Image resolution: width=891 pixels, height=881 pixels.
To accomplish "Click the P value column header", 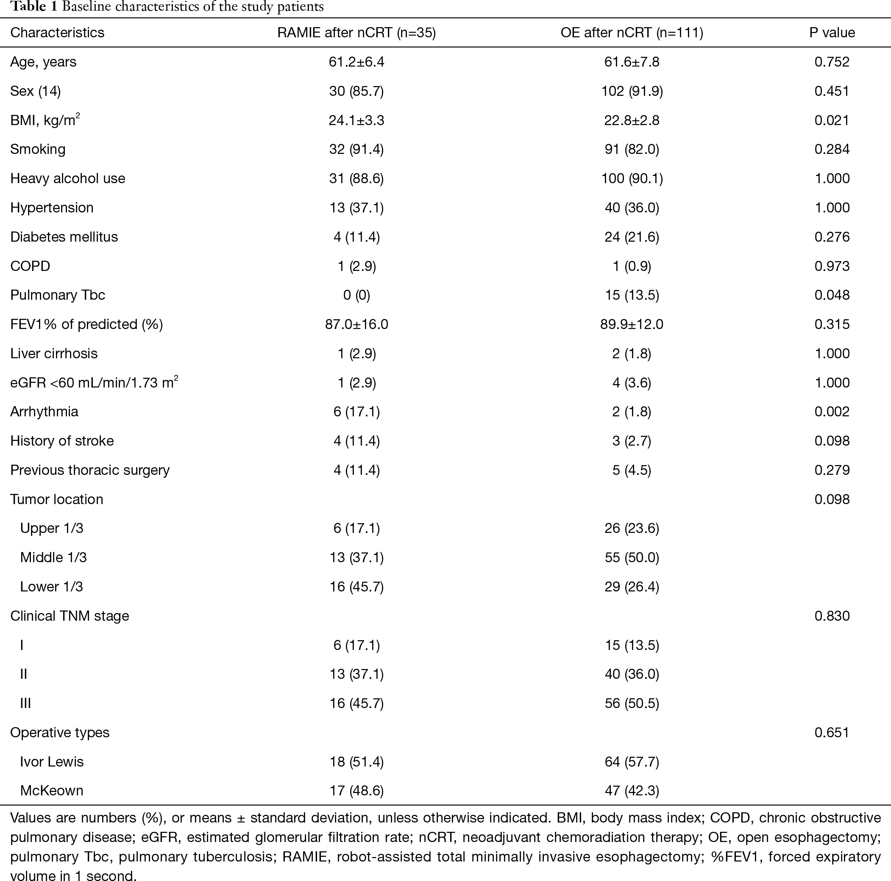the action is pos(832,33).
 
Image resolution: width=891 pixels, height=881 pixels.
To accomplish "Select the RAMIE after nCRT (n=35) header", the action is pos(356,33).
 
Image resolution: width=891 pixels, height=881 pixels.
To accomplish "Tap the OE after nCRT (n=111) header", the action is pos(632,33).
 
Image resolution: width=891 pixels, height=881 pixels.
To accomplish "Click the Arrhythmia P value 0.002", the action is pos(832,411).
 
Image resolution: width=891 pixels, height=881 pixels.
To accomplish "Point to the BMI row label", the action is pos(45,120).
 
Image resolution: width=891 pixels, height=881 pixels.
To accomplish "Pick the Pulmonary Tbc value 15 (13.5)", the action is pos(632,295).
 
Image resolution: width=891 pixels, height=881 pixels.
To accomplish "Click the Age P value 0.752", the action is pos(832,62).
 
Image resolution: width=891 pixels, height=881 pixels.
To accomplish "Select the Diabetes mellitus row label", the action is pos(64,237).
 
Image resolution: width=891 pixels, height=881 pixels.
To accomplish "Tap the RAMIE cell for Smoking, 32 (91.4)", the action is pos(356,149).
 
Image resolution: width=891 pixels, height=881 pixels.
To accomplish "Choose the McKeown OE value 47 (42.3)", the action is pos(632,791).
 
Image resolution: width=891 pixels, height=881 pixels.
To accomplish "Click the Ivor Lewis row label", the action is pos(52,761).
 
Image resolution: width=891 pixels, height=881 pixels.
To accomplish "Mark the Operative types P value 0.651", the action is pos(832,733).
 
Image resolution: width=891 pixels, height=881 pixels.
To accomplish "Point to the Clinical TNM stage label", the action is pos(70,616).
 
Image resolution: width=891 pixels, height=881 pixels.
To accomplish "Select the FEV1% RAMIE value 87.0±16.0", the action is pos(356,324).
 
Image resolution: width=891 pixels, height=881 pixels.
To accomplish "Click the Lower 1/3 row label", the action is pos(52,587).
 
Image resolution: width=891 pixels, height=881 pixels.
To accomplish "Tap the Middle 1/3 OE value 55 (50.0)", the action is pos(632,557).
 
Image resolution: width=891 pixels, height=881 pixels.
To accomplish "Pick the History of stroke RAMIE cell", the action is pos(356,441).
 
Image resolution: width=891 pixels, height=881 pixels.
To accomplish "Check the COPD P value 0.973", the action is pos(832,266).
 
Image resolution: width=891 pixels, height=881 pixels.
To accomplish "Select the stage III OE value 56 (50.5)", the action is pos(632,703).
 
